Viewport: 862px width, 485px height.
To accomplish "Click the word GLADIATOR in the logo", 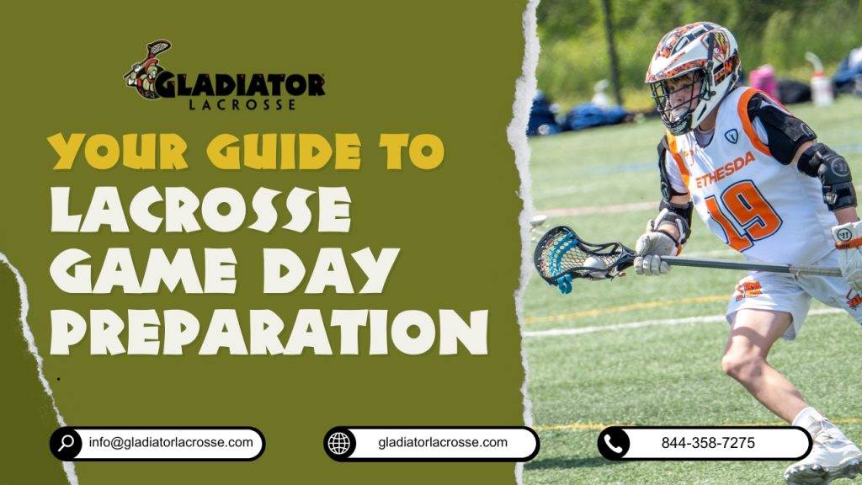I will click(x=239, y=85).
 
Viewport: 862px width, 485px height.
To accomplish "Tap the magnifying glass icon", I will click(x=66, y=444).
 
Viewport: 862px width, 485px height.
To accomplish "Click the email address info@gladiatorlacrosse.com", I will click(x=170, y=442).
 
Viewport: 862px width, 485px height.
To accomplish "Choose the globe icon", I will click(x=339, y=444).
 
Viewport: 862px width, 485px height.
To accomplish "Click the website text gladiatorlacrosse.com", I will click(x=443, y=442).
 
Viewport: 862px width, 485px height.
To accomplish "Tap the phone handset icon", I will click(x=614, y=444).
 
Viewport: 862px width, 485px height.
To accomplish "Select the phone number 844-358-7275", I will click(x=708, y=443).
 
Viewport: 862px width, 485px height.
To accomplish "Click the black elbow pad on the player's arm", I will click(x=829, y=172).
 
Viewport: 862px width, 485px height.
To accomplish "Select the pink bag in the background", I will click(x=762, y=81).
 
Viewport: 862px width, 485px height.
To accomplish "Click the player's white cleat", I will click(x=828, y=456).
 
